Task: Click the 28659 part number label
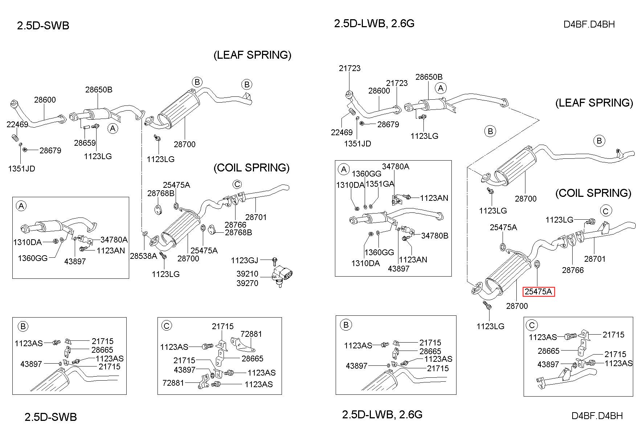85,143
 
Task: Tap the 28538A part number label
143,256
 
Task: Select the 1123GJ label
245,260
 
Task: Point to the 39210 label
247,274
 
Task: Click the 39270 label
247,283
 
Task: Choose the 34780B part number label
435,236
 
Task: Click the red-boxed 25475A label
538,291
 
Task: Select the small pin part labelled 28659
85,127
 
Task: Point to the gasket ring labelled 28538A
145,232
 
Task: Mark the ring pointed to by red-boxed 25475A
537,264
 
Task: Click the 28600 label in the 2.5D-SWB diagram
45,100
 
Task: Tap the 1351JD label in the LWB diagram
357,144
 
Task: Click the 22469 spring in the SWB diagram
15,138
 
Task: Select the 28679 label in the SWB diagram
50,150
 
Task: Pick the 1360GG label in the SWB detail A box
33,258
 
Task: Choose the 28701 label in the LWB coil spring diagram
595,259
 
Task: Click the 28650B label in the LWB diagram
429,77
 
